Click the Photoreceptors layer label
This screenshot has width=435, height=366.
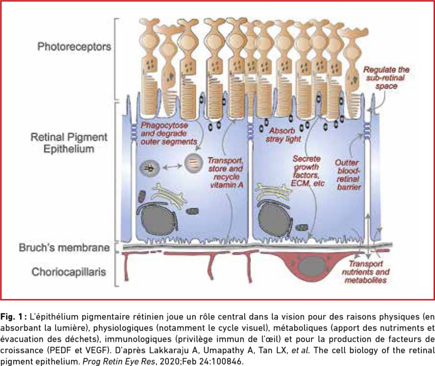coord(74,47)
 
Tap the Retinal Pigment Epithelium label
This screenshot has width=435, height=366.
coord(69,143)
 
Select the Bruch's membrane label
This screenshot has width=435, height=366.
coord(65,248)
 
